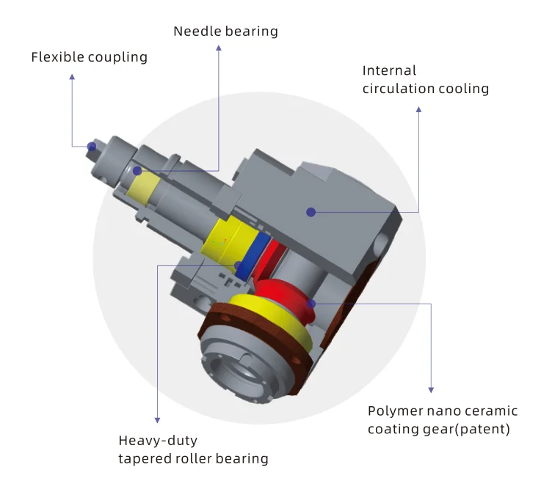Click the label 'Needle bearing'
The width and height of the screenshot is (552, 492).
click(225, 32)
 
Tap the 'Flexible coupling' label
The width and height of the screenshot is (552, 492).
click(89, 57)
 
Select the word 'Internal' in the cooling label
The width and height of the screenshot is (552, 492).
click(389, 71)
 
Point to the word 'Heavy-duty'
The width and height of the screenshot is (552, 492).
click(158, 441)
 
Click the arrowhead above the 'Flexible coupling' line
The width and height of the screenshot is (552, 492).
click(72, 76)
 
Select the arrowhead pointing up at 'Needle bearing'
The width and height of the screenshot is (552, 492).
click(219, 48)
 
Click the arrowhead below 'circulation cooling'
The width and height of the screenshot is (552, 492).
click(419, 110)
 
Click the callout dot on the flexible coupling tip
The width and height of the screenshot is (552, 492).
click(92, 147)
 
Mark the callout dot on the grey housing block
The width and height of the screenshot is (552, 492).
click(311, 212)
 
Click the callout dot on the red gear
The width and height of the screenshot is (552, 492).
click(312, 303)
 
